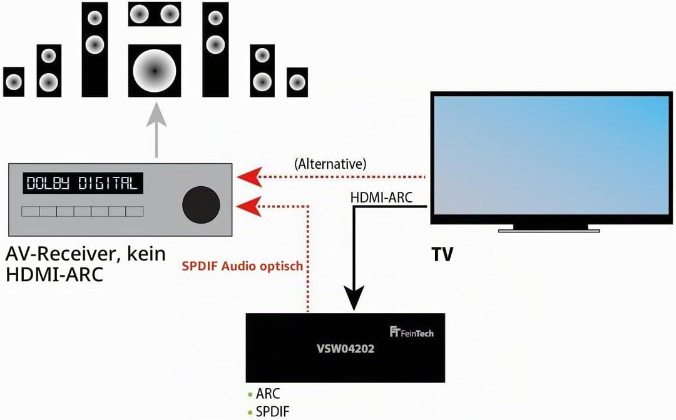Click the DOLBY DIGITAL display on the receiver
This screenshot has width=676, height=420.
click(83, 183)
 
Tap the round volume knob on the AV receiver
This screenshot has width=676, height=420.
click(202, 205)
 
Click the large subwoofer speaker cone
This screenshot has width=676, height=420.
click(155, 70)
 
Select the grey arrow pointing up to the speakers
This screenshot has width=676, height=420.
click(156, 130)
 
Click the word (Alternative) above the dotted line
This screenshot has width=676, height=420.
click(330, 164)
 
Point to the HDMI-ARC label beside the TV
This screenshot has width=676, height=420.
click(382, 197)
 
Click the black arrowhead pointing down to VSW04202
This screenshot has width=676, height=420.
click(354, 297)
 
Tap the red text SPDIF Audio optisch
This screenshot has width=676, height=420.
click(242, 266)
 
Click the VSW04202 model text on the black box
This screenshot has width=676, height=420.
click(346, 349)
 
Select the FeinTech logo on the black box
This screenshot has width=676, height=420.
click(412, 332)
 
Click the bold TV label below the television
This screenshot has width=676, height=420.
click(443, 255)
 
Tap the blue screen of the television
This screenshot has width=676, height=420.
click(551, 155)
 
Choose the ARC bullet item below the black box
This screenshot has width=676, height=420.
click(264, 394)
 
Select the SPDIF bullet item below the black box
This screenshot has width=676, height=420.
click(269, 411)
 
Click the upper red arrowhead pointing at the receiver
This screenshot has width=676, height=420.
click(250, 177)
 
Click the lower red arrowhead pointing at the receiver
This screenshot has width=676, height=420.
click(250, 206)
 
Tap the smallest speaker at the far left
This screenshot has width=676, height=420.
click(14, 82)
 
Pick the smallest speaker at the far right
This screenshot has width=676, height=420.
click(297, 82)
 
